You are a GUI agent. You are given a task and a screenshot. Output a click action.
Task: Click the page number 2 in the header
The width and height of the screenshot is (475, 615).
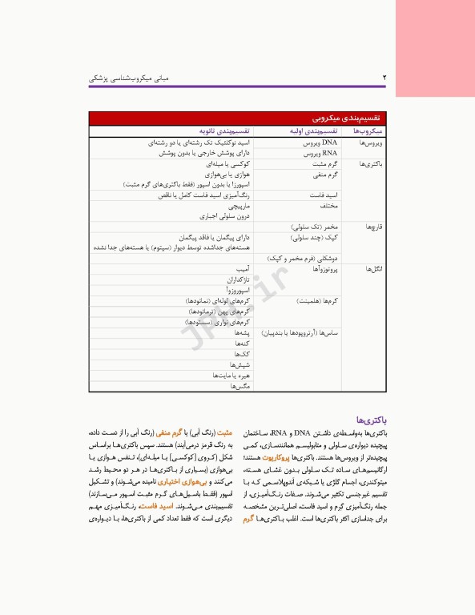tap(384, 77)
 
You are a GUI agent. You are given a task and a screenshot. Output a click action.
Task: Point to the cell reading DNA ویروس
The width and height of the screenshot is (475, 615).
tap(320, 142)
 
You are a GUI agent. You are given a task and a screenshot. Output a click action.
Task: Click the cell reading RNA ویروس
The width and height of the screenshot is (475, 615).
tap(320, 152)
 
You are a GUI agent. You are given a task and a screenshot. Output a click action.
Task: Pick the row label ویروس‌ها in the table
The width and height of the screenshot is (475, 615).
tap(373, 142)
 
